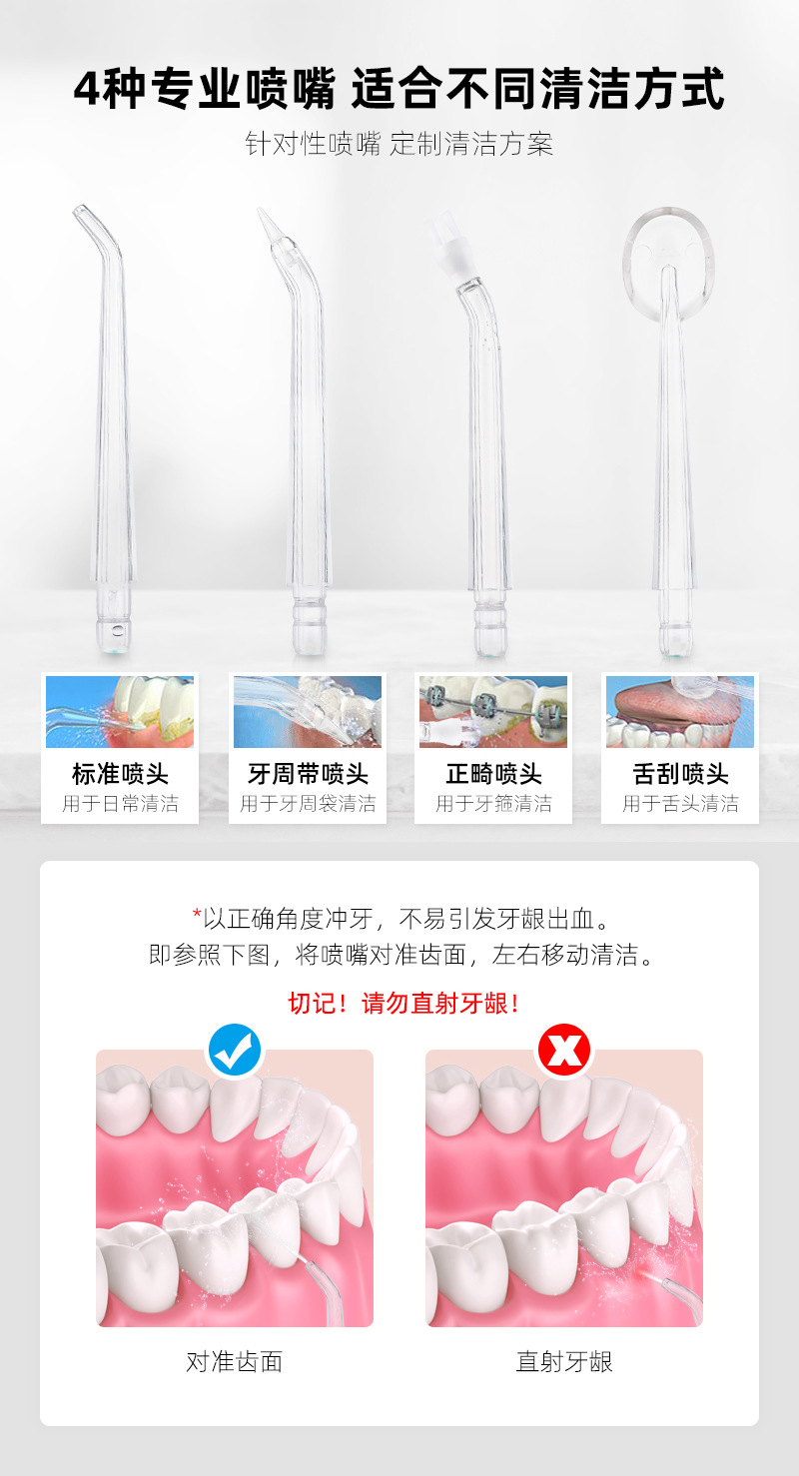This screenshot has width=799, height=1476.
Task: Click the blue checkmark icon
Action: coord(235,1050)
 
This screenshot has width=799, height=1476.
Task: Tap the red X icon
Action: coord(564,1050)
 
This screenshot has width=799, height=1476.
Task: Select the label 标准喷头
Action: coord(120,774)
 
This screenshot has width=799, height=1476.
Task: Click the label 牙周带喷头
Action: coord(308,774)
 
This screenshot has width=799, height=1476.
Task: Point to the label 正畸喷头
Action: coord(493,774)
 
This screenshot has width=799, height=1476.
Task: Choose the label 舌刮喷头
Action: coord(681,774)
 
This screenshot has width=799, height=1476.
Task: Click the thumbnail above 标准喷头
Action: coord(120,712)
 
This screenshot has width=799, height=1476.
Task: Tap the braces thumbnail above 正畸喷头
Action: coord(493,712)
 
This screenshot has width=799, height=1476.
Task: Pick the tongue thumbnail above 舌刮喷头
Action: coord(680,712)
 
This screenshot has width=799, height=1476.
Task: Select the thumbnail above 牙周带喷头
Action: coord(308,712)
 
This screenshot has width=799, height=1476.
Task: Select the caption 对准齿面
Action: coord(235,1361)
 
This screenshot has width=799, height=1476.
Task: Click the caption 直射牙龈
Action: coord(564,1361)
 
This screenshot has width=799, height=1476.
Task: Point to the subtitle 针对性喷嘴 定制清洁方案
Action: coord(399,144)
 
